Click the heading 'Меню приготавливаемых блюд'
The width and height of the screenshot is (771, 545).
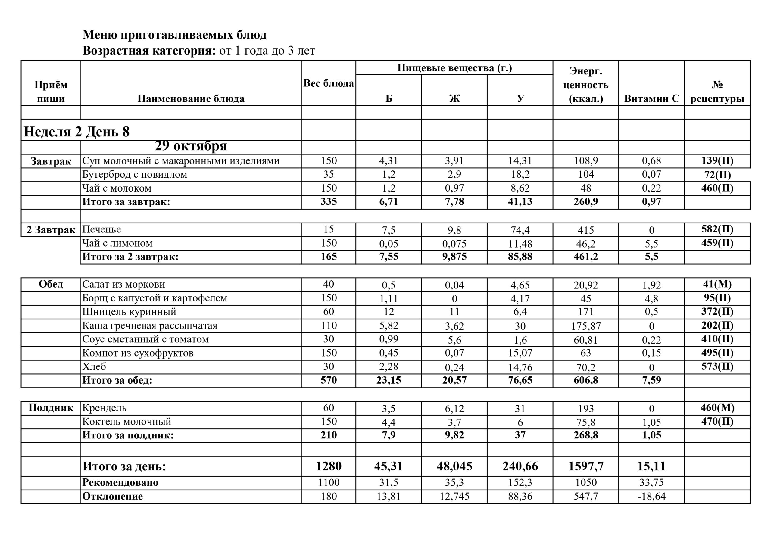[174, 35]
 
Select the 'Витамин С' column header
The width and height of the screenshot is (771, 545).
[651, 99]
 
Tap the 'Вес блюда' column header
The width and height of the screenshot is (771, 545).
[328, 83]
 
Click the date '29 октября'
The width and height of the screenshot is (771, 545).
[191, 146]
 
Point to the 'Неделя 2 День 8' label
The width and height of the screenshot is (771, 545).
[76, 132]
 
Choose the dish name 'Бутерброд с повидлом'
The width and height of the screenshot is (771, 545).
[135, 175]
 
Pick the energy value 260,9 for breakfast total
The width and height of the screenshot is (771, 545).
[586, 202]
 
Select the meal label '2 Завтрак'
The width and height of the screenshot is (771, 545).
[51, 230]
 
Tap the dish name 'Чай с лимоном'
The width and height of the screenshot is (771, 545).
[117, 243]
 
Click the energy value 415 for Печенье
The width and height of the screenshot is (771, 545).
[586, 230]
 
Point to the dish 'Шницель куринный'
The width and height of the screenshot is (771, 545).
[129, 312]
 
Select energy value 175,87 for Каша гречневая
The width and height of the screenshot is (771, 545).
[586, 326]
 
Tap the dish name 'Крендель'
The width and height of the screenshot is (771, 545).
[105, 408]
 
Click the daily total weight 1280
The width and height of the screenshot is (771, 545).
[328, 466]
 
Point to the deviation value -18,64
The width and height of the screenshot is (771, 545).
[651, 496]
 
